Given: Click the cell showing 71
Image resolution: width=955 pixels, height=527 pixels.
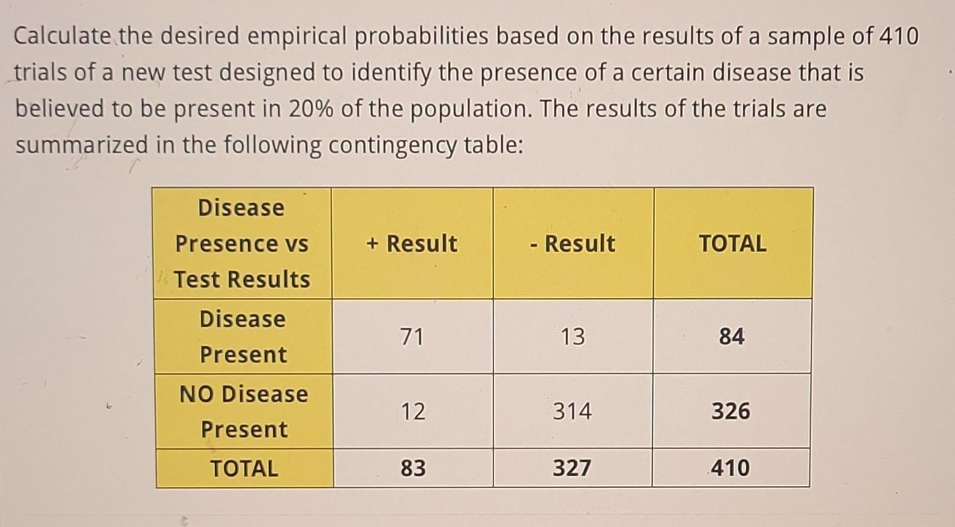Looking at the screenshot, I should click(412, 336).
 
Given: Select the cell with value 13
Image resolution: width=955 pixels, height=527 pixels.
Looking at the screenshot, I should click(573, 336).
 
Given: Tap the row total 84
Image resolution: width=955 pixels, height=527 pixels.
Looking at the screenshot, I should click(732, 336).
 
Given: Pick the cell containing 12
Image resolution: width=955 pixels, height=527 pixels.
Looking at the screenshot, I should click(413, 411).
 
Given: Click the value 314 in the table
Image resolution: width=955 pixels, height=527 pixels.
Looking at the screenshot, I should click(572, 411).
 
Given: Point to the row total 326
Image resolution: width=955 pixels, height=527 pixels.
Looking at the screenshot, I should click(731, 411).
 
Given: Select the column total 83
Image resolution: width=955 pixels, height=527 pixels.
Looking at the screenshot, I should click(413, 468).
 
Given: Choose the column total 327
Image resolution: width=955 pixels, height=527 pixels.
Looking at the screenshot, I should click(572, 468).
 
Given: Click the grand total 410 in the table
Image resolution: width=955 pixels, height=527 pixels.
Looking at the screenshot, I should click(731, 468).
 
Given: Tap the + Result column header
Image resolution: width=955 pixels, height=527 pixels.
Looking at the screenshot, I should click(412, 243).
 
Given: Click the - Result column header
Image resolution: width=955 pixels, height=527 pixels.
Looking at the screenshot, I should click(573, 243).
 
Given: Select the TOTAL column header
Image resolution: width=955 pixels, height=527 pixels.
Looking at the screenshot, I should click(732, 243).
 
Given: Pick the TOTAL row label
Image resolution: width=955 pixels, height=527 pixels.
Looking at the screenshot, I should click(244, 468).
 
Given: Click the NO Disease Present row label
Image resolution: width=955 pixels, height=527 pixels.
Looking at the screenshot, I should click(244, 411).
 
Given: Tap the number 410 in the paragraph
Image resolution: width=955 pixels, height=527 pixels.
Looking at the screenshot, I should click(899, 37).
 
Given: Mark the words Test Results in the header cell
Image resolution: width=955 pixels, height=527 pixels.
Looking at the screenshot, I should click(242, 279).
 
